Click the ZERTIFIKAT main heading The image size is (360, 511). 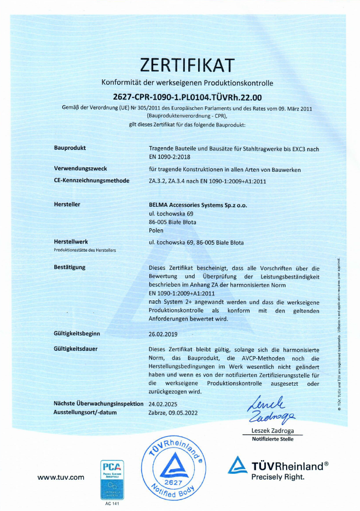click(x=187, y=65)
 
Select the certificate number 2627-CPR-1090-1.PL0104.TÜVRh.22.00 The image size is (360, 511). click(x=187, y=96)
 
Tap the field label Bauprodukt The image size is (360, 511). click(x=70, y=148)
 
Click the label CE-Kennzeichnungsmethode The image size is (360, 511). click(x=92, y=181)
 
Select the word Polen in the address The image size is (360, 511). click(x=156, y=230)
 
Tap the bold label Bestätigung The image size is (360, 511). click(x=70, y=268)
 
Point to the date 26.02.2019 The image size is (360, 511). click(x=163, y=333)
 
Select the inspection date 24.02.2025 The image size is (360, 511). click(x=163, y=404)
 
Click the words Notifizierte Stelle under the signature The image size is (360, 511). click(x=272, y=439)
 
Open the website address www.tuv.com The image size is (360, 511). click(x=61, y=477)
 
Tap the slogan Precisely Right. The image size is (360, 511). click(x=277, y=477)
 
